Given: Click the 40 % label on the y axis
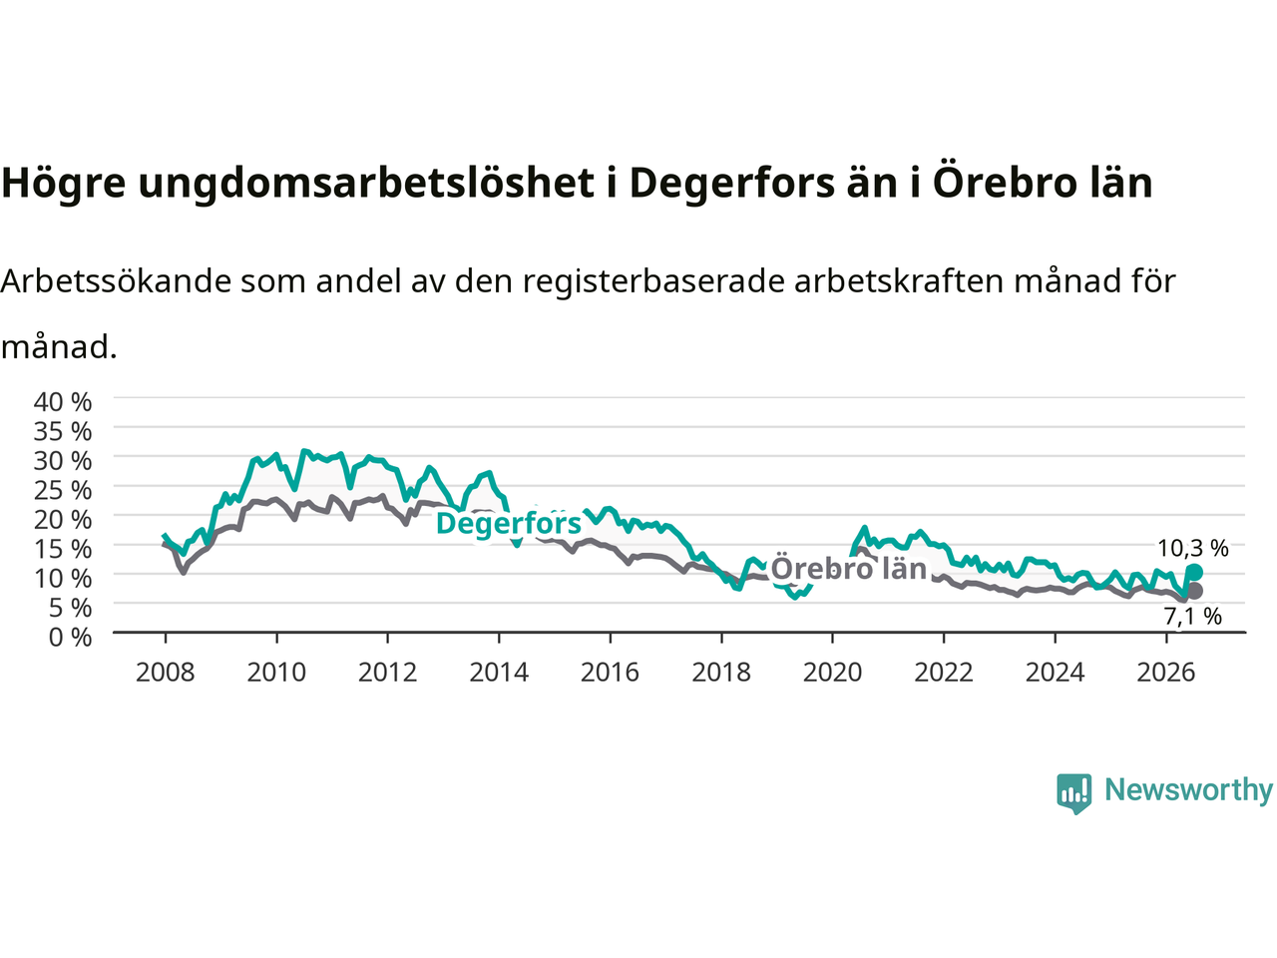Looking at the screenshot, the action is click(x=63, y=402).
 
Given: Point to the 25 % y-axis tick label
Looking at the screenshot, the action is click(x=63, y=490).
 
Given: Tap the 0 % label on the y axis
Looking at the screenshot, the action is click(x=71, y=638).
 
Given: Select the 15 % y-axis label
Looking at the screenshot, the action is click(x=63, y=549).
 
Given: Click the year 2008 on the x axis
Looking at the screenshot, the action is click(x=166, y=673).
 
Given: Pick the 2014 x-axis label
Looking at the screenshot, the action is click(x=499, y=673).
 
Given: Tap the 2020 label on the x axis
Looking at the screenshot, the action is click(x=832, y=673).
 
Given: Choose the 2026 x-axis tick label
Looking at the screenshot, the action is click(x=1166, y=673).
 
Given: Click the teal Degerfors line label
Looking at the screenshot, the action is click(x=509, y=524).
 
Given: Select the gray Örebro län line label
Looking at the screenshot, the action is click(x=848, y=568).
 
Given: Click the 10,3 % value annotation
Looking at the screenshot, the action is click(x=1192, y=548).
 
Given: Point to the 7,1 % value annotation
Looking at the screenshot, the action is click(x=1192, y=616).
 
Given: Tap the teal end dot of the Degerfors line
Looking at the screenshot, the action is click(x=1194, y=573).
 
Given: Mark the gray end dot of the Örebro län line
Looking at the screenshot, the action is click(x=1194, y=591).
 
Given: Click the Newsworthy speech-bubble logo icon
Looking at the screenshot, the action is click(x=1073, y=793).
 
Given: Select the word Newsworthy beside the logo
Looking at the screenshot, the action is click(x=1188, y=790).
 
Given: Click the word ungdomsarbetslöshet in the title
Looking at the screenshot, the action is click(x=366, y=184).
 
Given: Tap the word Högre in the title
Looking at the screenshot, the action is click(x=64, y=184).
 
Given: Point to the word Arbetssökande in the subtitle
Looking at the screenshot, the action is click(x=116, y=281).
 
